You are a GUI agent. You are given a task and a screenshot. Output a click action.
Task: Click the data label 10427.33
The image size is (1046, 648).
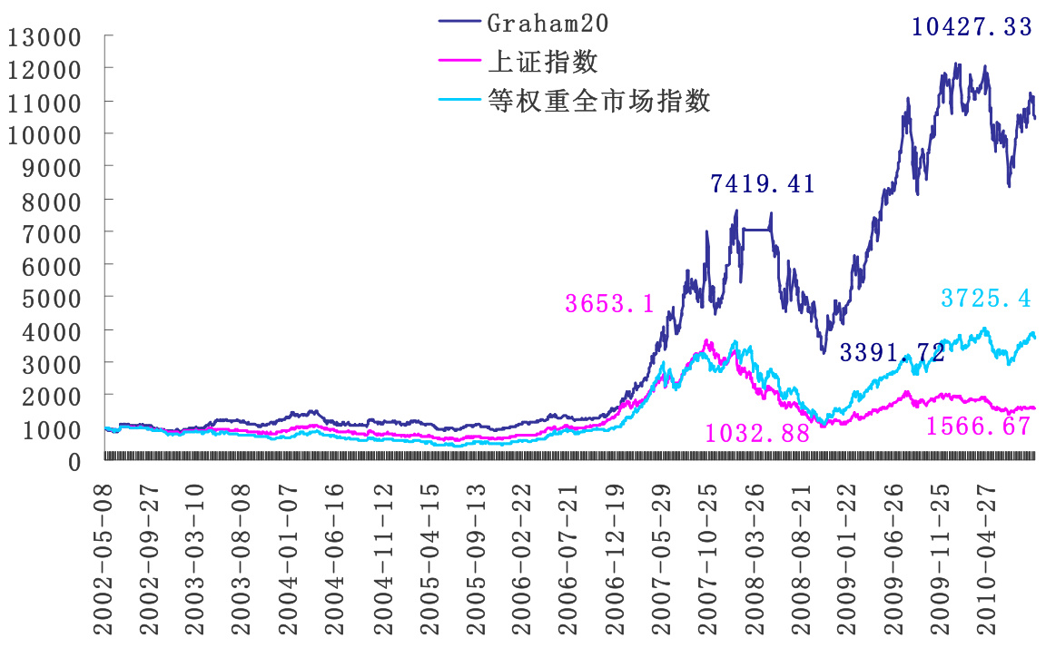point(972,27)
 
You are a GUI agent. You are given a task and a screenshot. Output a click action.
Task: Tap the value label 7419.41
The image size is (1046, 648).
point(762,184)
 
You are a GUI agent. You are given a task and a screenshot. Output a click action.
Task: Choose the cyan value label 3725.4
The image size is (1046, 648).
point(986,298)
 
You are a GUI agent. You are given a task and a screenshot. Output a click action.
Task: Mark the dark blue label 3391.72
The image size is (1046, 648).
point(893,352)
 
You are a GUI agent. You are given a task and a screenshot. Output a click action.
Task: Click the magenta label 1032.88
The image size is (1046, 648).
point(756,433)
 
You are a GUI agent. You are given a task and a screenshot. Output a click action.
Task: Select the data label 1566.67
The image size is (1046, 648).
point(979,426)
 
